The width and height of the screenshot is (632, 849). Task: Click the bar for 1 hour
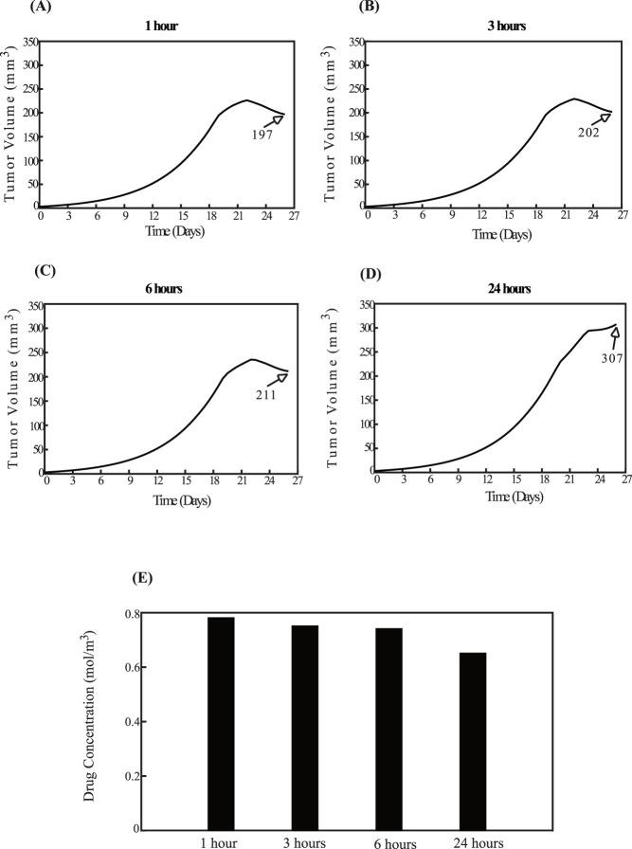(222, 723)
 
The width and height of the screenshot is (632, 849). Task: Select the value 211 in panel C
(264, 394)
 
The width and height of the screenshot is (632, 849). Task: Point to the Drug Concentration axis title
(89, 720)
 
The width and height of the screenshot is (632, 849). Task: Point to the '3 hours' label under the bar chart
(305, 841)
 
